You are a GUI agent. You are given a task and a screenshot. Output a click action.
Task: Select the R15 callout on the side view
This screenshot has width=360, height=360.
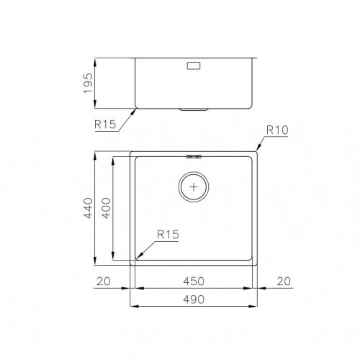tap(105, 124)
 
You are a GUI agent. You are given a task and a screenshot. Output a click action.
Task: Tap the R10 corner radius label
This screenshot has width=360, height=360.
tap(278, 131)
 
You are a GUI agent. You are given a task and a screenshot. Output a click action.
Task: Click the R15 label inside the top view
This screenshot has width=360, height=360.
tap(166, 234)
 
